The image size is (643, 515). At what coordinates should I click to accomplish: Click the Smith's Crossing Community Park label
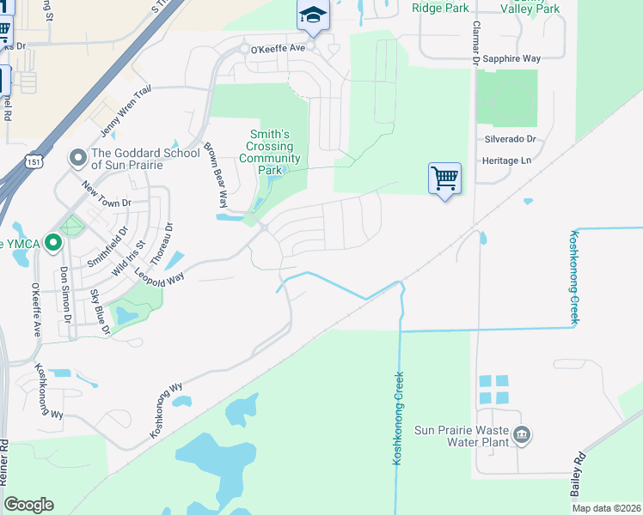tap(270, 152)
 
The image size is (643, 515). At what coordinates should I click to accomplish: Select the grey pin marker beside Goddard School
tap(77, 158)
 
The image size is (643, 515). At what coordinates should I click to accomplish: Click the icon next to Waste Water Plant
tap(521, 436)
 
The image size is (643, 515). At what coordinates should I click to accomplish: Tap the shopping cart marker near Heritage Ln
tap(444, 179)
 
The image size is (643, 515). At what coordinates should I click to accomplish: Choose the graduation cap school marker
tap(313, 15)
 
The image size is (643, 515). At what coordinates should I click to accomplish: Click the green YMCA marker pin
tap(53, 244)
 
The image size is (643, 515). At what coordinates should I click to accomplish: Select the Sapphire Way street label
tap(511, 58)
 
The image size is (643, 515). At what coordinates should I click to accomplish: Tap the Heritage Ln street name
tap(506, 161)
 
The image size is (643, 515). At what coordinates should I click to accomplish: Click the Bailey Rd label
tap(577, 474)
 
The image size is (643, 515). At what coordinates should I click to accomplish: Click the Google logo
tap(28, 505)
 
